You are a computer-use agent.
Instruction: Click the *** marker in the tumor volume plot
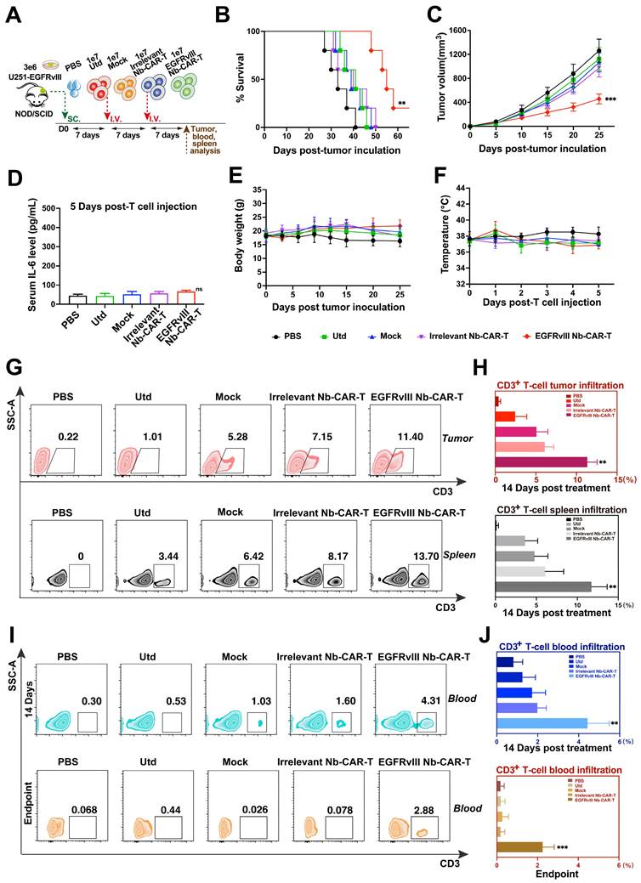(x=610, y=99)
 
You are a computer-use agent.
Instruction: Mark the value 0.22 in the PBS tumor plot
(x=68, y=436)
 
